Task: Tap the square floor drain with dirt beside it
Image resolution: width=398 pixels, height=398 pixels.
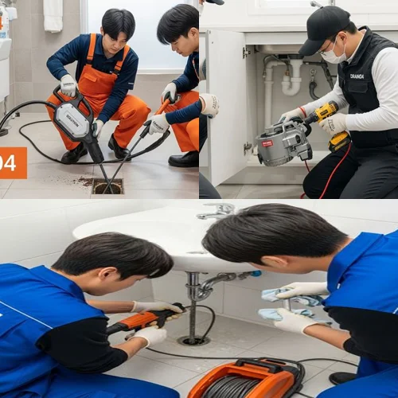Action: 107,185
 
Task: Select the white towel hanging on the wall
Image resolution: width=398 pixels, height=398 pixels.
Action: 53,15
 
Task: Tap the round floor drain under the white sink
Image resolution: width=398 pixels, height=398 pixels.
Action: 193,340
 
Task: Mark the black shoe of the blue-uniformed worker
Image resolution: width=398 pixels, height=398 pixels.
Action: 343,377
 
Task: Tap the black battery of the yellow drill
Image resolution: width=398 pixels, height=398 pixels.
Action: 339,142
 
